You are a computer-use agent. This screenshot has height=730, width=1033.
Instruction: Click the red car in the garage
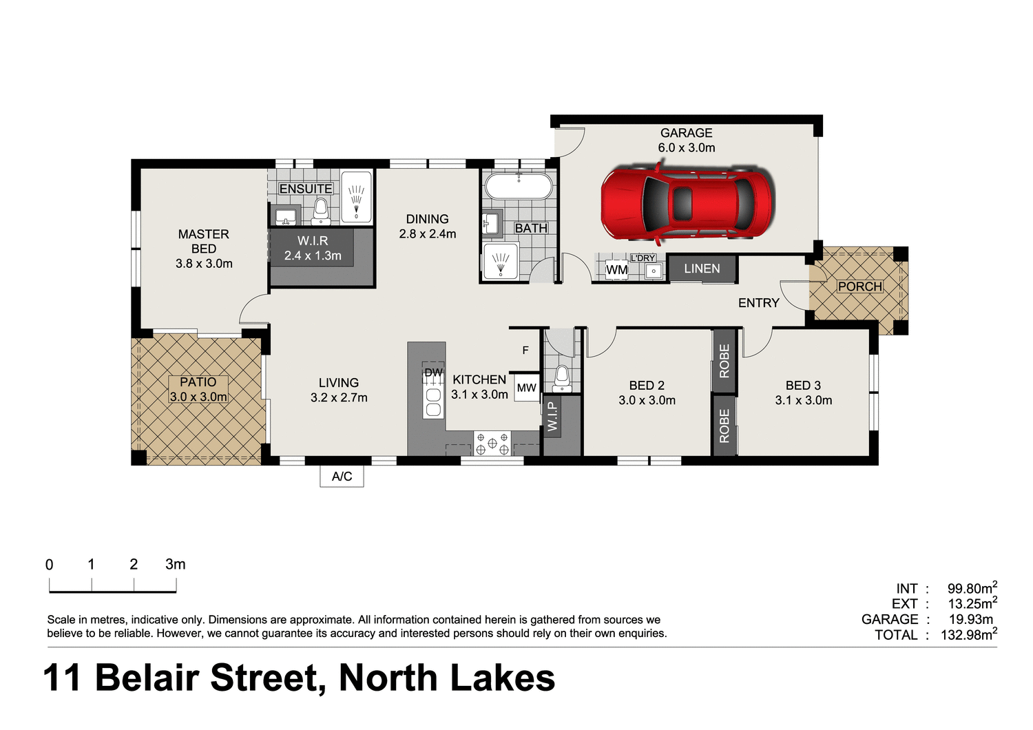(x=687, y=204)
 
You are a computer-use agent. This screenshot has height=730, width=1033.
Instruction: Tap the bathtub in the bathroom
(x=519, y=187)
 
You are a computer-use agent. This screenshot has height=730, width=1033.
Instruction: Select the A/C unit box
(x=342, y=477)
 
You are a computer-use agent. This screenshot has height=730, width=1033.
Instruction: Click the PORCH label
(x=859, y=286)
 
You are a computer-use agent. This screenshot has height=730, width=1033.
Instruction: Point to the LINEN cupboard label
(x=702, y=269)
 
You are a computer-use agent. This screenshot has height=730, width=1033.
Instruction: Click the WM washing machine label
(x=616, y=270)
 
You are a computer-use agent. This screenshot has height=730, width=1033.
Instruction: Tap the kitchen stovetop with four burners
(x=492, y=444)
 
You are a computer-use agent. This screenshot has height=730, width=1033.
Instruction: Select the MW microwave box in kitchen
(x=527, y=388)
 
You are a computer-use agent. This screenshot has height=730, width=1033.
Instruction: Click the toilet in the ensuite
(x=320, y=211)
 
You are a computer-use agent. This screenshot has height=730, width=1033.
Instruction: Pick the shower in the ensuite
(x=356, y=196)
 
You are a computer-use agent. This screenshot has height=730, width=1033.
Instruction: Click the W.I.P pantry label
(x=552, y=417)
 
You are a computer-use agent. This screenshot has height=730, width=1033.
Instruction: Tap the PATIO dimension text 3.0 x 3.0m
(x=198, y=397)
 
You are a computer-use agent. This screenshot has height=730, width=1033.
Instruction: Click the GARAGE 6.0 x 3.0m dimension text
(x=686, y=147)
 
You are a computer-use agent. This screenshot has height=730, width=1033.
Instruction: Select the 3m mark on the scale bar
(x=175, y=565)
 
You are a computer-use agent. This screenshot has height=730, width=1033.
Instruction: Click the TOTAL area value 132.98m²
(x=968, y=635)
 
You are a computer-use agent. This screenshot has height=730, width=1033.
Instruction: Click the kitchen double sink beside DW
(x=433, y=401)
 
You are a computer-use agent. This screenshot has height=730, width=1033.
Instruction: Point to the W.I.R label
(x=313, y=241)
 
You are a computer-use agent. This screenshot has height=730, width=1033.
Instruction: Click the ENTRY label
(x=758, y=303)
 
